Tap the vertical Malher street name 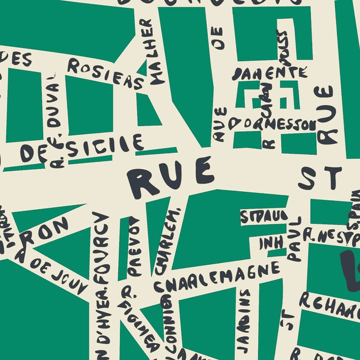pos(153,51)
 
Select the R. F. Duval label pos(56,121)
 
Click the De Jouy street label pos(51,270)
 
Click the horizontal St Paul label pos(263,216)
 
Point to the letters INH pos(271,243)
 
